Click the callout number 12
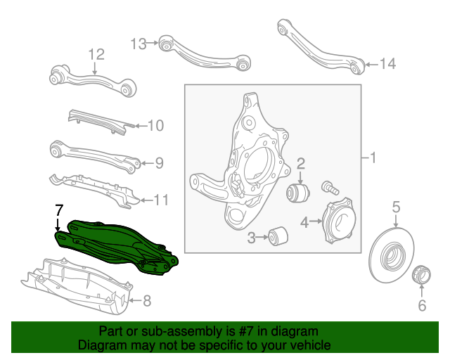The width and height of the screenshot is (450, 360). (96, 54)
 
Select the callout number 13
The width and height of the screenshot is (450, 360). (139, 44)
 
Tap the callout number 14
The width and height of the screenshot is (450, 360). (387, 65)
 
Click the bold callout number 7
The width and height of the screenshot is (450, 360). (59, 209)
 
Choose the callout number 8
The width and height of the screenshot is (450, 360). (146, 302)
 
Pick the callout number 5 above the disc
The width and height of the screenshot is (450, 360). (396, 206)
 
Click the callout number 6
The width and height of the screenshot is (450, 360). (422, 305)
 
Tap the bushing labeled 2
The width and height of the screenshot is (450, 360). (301, 191)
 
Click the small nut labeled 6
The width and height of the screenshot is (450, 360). (420, 274)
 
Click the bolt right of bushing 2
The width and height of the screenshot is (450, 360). (329, 187)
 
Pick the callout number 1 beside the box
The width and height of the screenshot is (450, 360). (373, 158)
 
